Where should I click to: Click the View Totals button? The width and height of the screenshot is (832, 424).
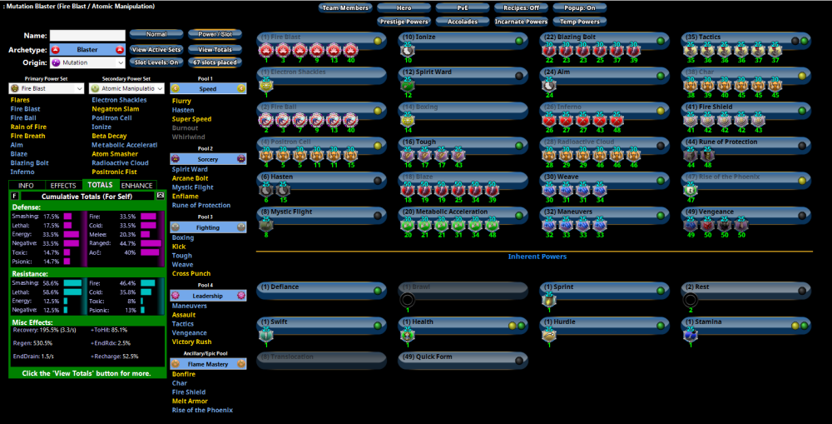[214, 49]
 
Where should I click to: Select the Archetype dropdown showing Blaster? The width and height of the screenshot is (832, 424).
[87, 49]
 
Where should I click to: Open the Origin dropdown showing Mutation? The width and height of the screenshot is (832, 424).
[87, 62]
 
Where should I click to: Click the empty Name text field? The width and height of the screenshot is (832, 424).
[87, 36]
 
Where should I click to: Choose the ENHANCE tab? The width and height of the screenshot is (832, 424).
[136, 185]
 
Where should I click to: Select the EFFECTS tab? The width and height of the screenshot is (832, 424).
[63, 185]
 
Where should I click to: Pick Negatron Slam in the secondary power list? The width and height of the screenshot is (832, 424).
[116, 108]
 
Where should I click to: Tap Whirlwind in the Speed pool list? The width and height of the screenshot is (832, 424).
[188, 137]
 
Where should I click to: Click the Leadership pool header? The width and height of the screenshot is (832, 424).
[208, 296]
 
